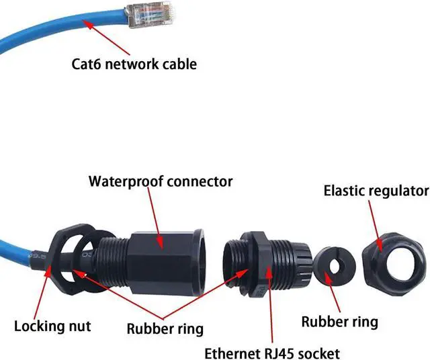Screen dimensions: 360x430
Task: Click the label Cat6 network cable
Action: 134,64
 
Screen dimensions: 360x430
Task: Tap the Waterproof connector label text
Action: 161,181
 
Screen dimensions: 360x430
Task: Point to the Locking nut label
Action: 52,327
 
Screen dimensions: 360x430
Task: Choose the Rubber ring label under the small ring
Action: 335,322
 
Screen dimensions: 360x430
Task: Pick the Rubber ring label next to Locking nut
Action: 166,329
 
